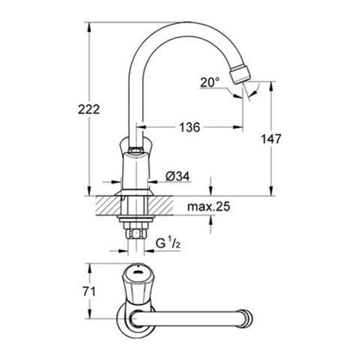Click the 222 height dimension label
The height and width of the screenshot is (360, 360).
point(89,109)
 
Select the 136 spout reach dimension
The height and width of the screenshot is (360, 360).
point(189,127)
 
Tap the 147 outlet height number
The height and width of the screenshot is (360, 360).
point(271,139)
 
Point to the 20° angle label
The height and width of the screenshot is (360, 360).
point(210,82)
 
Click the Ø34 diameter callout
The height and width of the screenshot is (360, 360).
point(178,176)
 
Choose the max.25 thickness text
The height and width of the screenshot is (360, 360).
point(208,207)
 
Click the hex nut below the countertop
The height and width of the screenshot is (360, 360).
point(135,234)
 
